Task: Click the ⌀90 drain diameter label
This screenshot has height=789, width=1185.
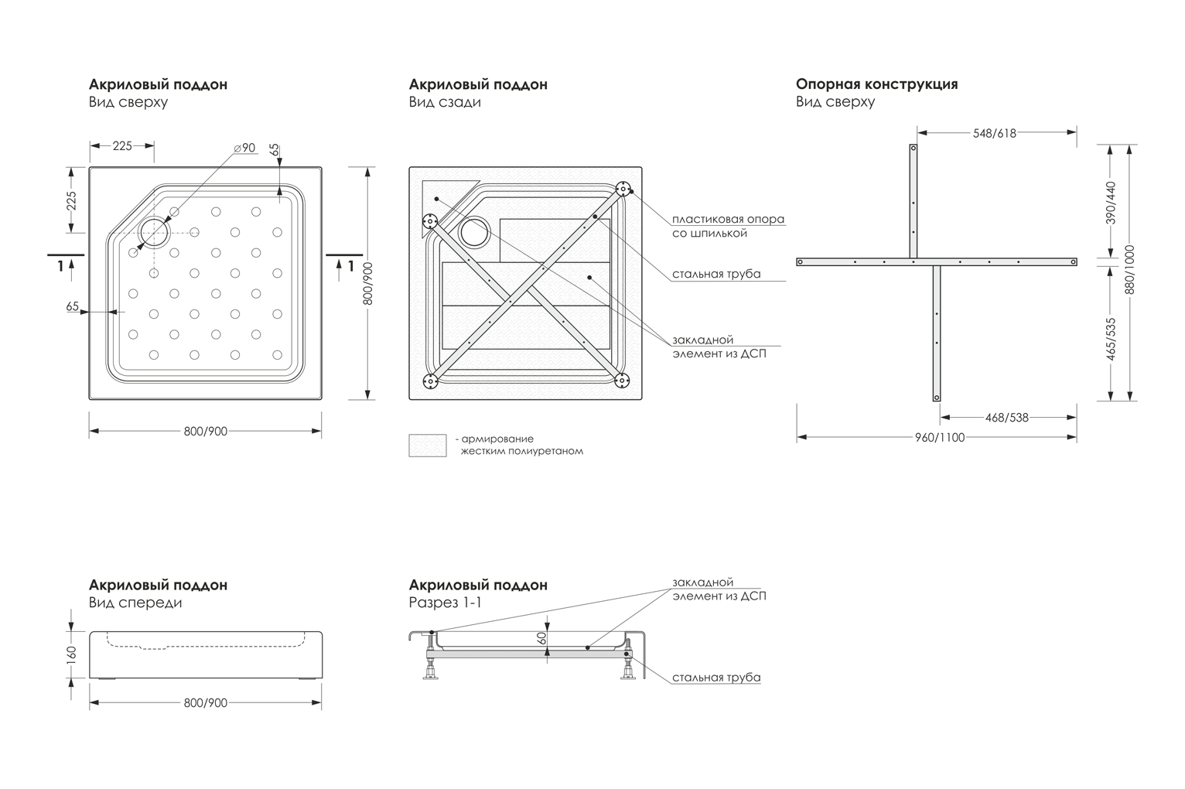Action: [x=245, y=149]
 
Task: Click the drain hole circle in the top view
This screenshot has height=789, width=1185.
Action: [x=154, y=233]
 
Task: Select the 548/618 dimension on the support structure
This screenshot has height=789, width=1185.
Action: [x=995, y=133]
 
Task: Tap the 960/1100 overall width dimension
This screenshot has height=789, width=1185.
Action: [x=940, y=438]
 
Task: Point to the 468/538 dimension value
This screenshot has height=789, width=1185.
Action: [x=1007, y=418]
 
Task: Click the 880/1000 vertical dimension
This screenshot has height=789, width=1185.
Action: [x=1130, y=269]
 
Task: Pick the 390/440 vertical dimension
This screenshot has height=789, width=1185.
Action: [x=1111, y=203]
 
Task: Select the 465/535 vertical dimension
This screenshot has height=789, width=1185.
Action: [x=1111, y=340]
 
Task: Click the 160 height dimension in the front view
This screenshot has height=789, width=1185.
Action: [x=72, y=654]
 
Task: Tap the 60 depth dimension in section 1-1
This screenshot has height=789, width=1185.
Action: [x=541, y=638]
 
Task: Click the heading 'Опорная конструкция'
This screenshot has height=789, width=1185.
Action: [x=876, y=84]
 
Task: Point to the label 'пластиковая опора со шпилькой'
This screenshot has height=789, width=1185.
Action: [x=728, y=226]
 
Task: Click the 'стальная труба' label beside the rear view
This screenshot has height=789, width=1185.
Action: [x=716, y=274]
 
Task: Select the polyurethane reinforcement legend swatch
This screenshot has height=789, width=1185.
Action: [x=428, y=446]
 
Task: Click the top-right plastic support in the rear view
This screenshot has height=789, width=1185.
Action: [x=623, y=189]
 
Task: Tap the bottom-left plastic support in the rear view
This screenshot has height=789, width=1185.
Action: [x=430, y=381]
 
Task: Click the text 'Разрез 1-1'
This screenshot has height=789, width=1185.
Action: [x=445, y=603]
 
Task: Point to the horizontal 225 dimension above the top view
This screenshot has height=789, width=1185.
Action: [x=122, y=146]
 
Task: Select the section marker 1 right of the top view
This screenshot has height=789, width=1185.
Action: [x=350, y=266]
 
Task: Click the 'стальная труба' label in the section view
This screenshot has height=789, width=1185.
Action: [x=716, y=678]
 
